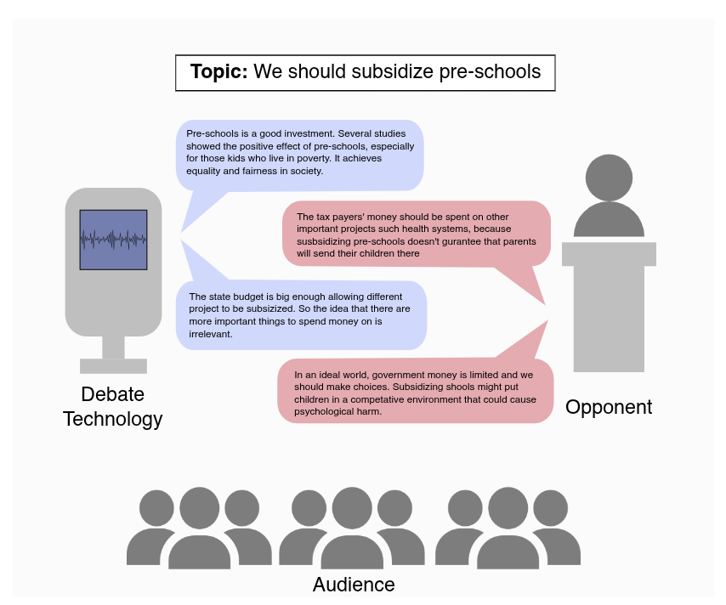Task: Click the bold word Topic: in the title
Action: click(x=218, y=72)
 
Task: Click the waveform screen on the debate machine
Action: click(x=113, y=240)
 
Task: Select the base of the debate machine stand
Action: click(x=113, y=366)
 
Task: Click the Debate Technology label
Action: click(x=112, y=407)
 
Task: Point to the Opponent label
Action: click(x=609, y=407)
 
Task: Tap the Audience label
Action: click(x=354, y=585)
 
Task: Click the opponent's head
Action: click(x=609, y=178)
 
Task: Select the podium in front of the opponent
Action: click(x=609, y=306)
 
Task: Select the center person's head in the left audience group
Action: click(x=200, y=508)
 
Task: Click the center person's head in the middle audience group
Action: click(x=352, y=508)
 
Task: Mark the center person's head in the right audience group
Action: click(x=508, y=508)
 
